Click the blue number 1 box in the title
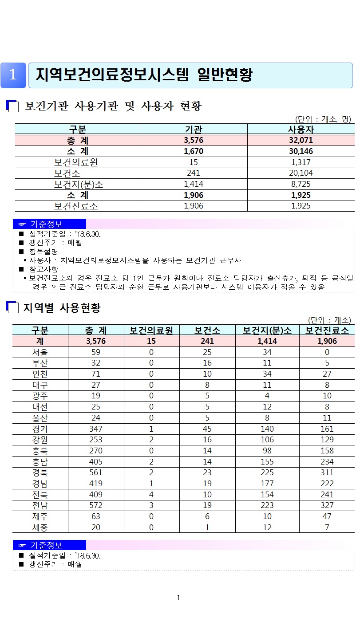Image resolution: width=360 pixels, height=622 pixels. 13,75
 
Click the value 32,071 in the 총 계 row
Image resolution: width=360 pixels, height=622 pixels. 301,140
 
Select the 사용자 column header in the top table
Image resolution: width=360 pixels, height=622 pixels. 301,130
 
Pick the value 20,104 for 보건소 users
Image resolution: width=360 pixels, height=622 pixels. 301,173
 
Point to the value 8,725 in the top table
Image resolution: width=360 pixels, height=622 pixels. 301,184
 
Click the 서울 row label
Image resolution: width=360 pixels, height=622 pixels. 40,353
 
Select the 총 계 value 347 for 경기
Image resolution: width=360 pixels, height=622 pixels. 95,429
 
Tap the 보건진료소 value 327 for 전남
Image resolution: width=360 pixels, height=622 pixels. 327,505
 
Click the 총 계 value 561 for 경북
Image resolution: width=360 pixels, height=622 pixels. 95,472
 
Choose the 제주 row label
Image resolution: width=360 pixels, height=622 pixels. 40,516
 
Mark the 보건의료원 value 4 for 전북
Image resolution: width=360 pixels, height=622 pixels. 151,494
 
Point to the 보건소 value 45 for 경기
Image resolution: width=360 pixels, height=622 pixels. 207,429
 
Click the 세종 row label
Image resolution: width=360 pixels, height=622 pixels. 40,527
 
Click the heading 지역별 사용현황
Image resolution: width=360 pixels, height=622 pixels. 62,307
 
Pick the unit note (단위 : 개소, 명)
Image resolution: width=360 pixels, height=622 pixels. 323,119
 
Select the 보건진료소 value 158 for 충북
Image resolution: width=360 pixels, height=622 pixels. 327,451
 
